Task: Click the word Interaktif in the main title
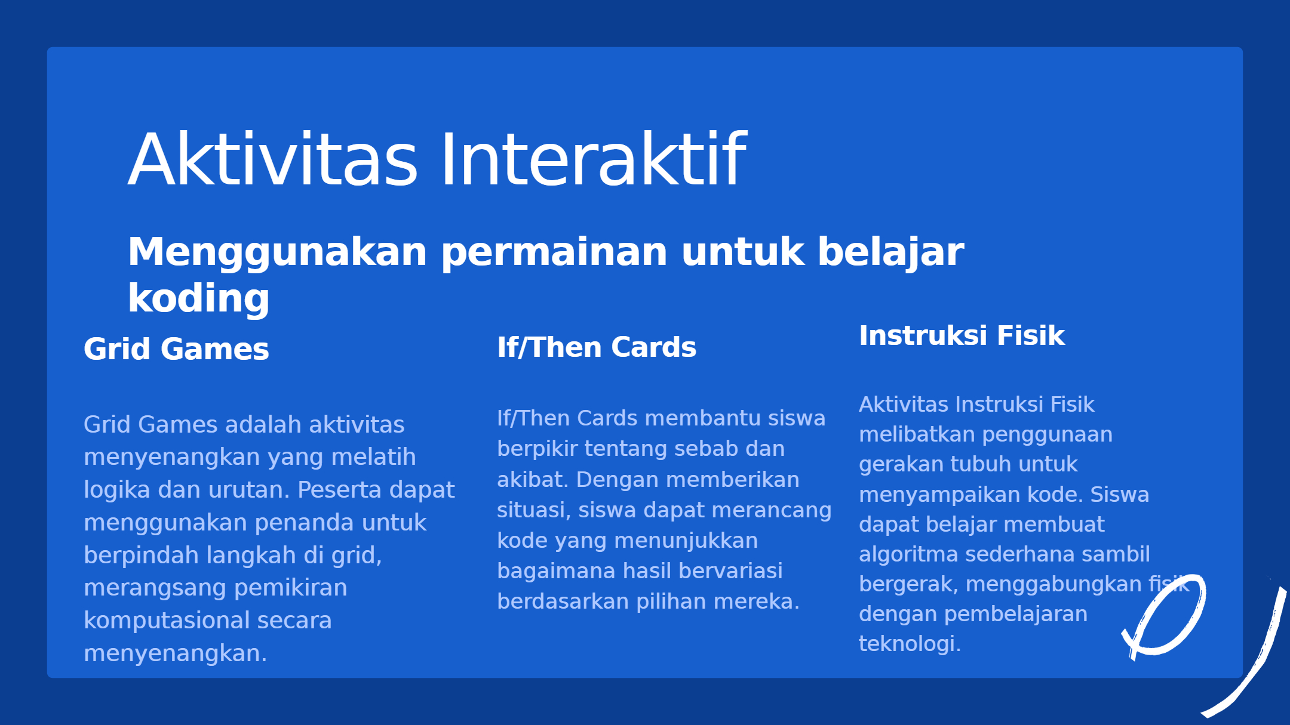click(x=593, y=159)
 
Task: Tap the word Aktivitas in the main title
click(x=273, y=159)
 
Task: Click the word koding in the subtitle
click(x=199, y=298)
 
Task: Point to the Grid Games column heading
click(x=176, y=348)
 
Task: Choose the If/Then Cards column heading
click(x=597, y=347)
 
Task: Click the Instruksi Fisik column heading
click(x=962, y=335)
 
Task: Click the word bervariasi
click(x=730, y=571)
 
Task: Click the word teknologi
click(x=910, y=644)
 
